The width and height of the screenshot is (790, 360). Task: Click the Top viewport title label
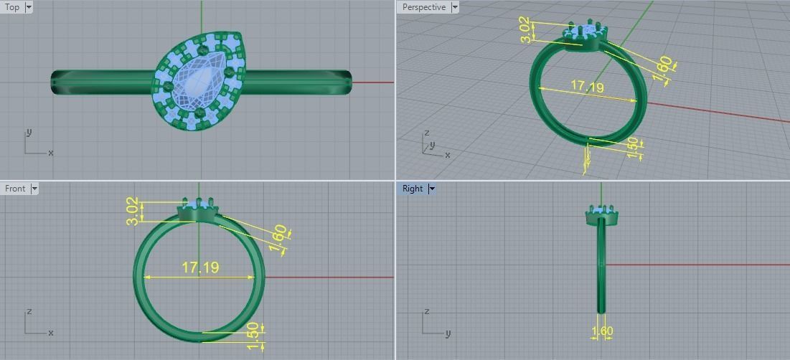[x=12, y=7]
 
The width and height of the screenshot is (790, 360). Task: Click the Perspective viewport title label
[x=423, y=7]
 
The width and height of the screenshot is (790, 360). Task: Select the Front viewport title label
[x=15, y=189]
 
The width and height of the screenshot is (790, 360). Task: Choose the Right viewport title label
[x=413, y=189]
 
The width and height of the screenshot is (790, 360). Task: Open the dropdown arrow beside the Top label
[x=29, y=7]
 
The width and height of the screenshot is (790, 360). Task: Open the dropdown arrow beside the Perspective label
[x=455, y=7]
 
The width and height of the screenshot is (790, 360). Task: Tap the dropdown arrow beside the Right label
[x=432, y=189]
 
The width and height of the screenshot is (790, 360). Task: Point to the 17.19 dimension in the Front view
[x=200, y=267]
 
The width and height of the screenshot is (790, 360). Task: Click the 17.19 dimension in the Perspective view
[x=587, y=87]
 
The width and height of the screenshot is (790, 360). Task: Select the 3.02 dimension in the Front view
[x=133, y=211]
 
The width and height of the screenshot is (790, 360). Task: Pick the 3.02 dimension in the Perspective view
[x=527, y=31]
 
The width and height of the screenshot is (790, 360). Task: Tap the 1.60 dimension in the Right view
[x=602, y=331]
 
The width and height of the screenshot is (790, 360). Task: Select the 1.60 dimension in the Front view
[x=280, y=237]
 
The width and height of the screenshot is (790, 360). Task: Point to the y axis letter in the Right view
[x=448, y=333]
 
